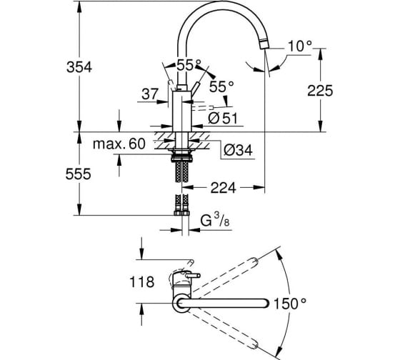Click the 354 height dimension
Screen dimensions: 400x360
pyautogui.click(x=79, y=68)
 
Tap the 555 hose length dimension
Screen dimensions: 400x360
pyautogui.click(x=79, y=174)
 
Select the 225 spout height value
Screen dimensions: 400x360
pyautogui.click(x=320, y=91)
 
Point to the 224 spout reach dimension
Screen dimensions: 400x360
pyautogui.click(x=223, y=189)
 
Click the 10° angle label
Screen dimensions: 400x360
pyautogui.click(x=300, y=46)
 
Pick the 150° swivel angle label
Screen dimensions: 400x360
pyautogui.click(x=290, y=304)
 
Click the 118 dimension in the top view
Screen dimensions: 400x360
pyautogui.click(x=142, y=282)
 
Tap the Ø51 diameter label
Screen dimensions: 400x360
pyautogui.click(x=223, y=119)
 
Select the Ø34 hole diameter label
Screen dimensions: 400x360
pyautogui.click(x=238, y=150)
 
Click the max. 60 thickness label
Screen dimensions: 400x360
pyautogui.click(x=119, y=144)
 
